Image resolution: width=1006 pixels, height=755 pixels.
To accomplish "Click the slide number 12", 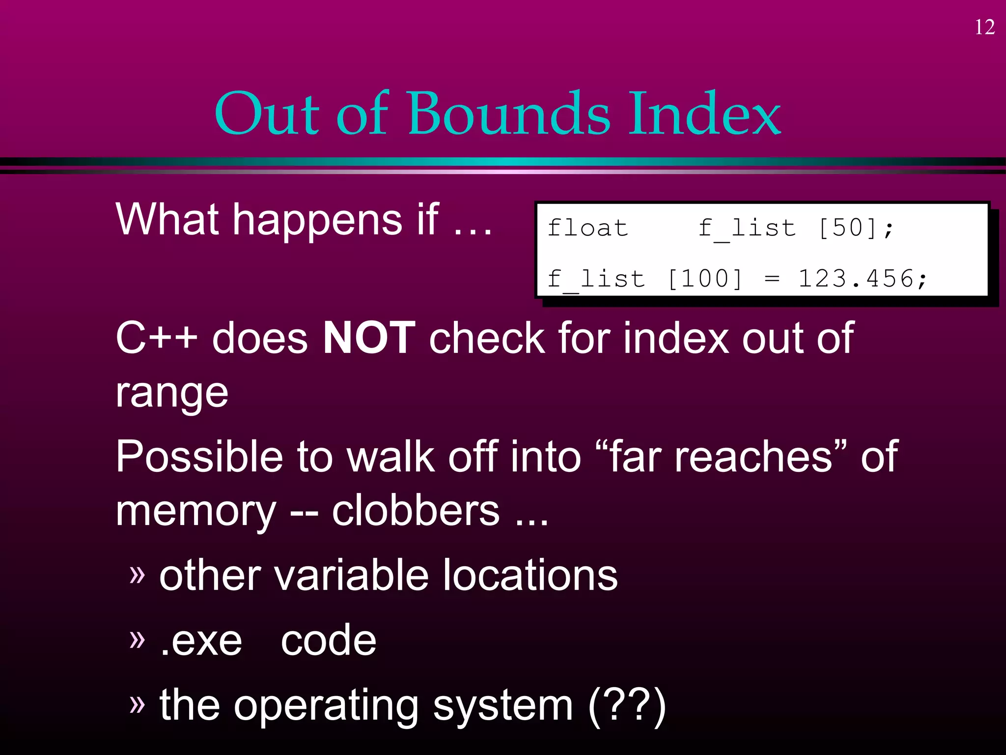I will [x=984, y=28].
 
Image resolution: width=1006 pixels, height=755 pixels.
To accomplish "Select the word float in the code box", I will [x=587, y=228].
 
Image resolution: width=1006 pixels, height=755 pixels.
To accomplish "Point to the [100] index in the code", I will [x=704, y=279].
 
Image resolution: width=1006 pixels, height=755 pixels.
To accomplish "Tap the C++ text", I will [x=156, y=338].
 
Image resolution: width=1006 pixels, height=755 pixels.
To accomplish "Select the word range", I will [x=172, y=393].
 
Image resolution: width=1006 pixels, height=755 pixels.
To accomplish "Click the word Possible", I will [x=199, y=457].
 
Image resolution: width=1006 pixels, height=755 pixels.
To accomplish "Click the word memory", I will [x=196, y=512].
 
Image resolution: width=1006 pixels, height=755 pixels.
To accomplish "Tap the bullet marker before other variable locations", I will [x=138, y=574].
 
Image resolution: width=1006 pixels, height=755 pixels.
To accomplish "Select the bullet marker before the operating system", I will [x=138, y=704].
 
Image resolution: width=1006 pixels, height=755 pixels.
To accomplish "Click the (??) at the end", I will [x=627, y=706].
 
